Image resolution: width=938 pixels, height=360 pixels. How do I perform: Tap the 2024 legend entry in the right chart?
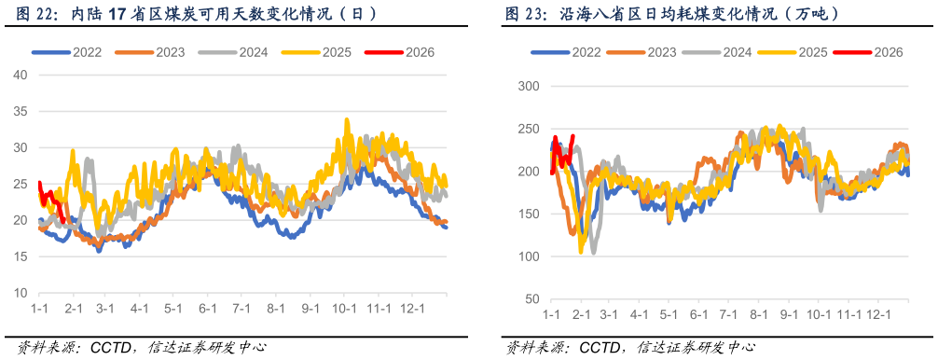(738, 52)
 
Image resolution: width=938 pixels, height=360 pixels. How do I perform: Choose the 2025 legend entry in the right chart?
(813, 52)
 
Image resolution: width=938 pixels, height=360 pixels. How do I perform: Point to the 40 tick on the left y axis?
(21, 75)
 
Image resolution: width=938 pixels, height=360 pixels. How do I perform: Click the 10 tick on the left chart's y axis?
(21, 293)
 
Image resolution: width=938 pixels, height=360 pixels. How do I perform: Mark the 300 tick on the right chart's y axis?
(529, 86)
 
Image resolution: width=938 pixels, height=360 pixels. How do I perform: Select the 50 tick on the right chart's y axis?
(532, 299)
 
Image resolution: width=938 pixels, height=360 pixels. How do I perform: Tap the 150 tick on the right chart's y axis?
(529, 214)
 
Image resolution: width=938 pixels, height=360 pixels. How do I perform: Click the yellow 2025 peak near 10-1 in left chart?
(348, 119)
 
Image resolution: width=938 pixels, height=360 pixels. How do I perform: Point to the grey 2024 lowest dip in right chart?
(593, 252)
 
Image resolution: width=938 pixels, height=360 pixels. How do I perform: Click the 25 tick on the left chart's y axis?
(21, 184)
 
